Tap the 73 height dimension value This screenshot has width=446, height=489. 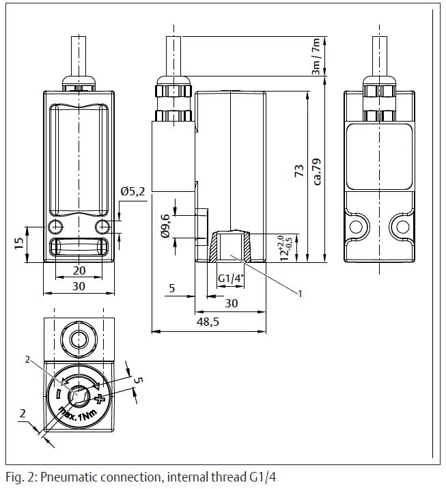(298, 171)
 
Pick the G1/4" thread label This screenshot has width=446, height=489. (229, 279)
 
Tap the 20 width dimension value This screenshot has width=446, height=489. (79, 270)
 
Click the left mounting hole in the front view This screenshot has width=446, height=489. (55, 226)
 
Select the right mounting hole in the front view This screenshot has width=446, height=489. (102, 226)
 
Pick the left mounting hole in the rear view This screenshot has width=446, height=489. (356, 227)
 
